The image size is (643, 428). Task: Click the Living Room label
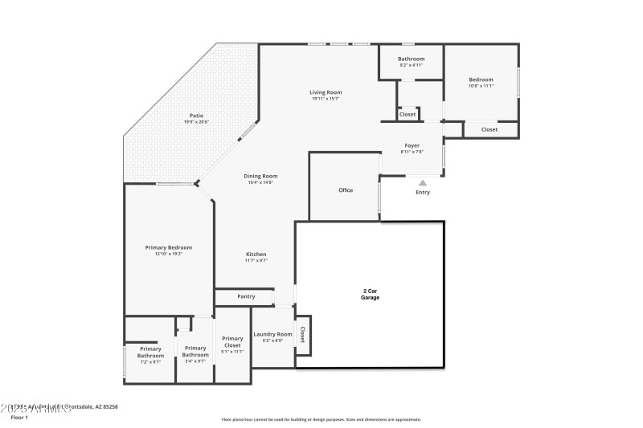(x=326, y=92)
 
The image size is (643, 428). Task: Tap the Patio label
(x=195, y=116)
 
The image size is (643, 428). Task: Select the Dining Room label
(x=261, y=176)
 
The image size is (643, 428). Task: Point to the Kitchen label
(x=256, y=255)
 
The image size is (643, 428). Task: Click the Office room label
(x=346, y=190)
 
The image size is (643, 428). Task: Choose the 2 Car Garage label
(x=370, y=294)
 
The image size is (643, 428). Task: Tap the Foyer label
(x=412, y=145)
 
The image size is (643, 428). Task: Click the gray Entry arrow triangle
(x=423, y=183)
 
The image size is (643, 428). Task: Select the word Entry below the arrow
(x=423, y=193)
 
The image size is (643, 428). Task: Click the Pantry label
(x=246, y=296)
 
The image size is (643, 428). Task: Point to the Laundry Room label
(x=272, y=334)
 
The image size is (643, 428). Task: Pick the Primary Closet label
(x=232, y=341)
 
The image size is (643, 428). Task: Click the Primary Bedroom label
(x=169, y=247)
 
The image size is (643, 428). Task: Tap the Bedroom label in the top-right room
(x=481, y=79)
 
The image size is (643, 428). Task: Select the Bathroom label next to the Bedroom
(x=412, y=59)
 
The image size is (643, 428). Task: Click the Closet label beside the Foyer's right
(x=489, y=129)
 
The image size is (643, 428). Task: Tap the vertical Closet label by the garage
(x=302, y=334)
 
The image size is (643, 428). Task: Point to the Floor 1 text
(x=18, y=418)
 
